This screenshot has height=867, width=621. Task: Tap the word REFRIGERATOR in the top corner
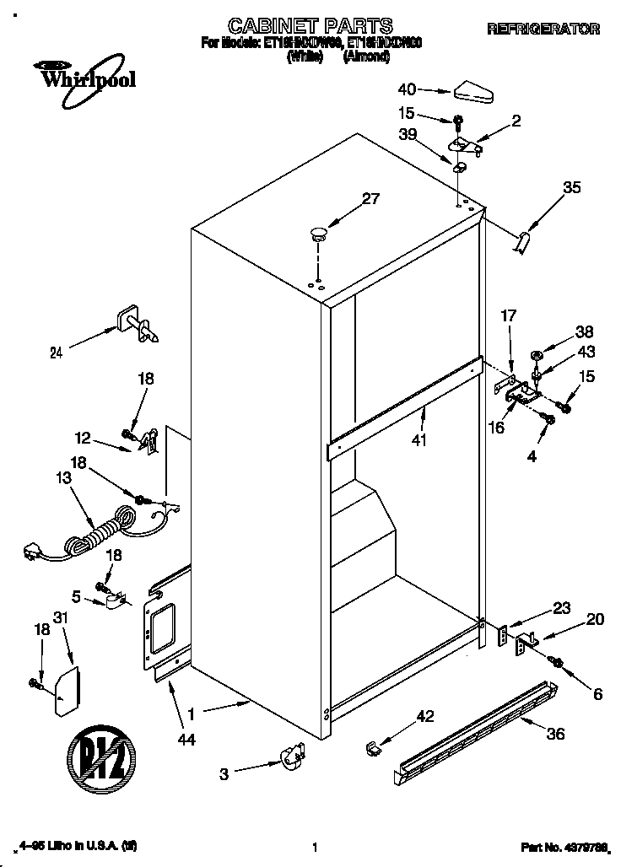coord(543,29)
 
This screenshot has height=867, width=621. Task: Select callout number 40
coord(407,89)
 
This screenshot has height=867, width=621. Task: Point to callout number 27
coord(370,199)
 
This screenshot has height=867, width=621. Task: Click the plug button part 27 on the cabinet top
coord(317,234)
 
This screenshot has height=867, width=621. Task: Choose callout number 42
coord(424,716)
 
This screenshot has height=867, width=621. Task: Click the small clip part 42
coord(375,746)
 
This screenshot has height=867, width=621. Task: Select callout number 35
coord(571,188)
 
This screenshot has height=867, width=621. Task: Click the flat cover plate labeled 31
coord(67,690)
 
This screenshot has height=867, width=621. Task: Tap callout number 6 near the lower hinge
coord(598,694)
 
